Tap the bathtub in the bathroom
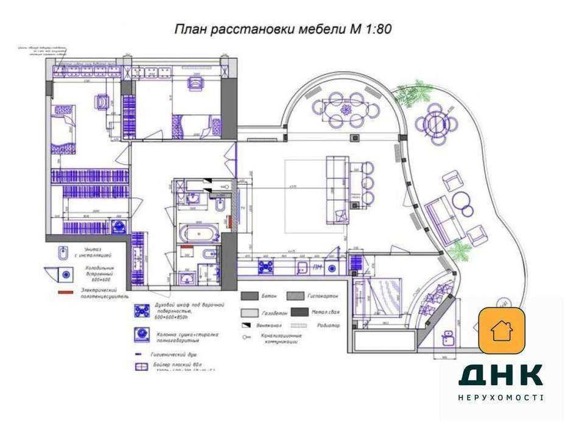(197, 232)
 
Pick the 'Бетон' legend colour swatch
(250, 296)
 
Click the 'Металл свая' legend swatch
(299, 312)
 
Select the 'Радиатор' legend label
(329, 326)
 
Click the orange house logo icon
(502, 330)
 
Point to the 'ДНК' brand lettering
(500, 375)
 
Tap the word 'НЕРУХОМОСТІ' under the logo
(500, 397)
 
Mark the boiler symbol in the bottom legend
(141, 366)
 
